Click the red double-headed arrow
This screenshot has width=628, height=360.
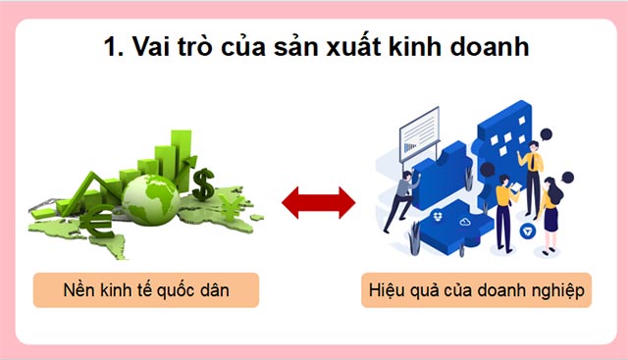click(318, 204)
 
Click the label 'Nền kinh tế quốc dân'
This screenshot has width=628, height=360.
click(145, 290)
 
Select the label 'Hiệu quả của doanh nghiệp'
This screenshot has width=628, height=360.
click(476, 290)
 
